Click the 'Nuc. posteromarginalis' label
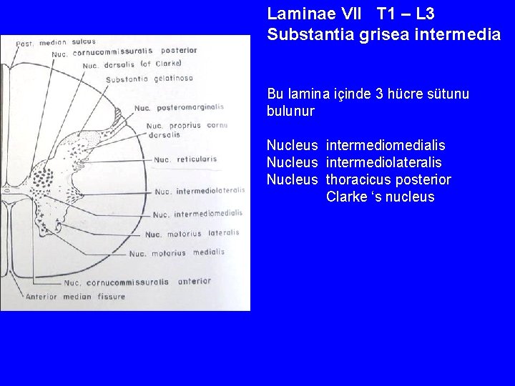(x=178, y=108)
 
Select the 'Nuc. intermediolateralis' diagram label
(x=200, y=191)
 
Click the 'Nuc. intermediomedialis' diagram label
(x=197, y=214)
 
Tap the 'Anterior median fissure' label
(x=75, y=297)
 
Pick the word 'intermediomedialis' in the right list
(x=386, y=146)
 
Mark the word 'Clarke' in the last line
(x=346, y=197)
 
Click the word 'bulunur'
(x=290, y=112)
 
